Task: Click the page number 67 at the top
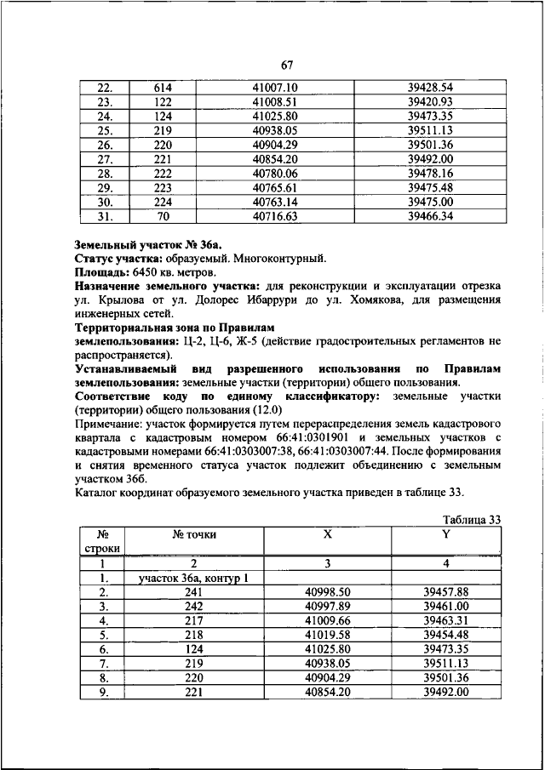point(287,66)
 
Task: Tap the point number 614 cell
point(163,88)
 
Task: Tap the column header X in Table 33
point(327,534)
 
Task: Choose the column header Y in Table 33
point(445,534)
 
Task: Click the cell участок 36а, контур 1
point(193,579)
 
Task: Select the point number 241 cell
point(193,592)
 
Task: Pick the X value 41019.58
point(327,636)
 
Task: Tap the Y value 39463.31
point(445,621)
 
